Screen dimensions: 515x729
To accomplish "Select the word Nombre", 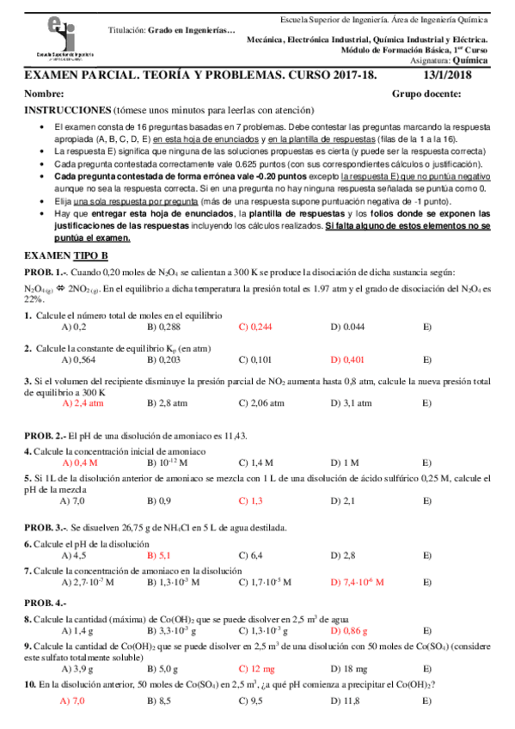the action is click(x=45, y=94).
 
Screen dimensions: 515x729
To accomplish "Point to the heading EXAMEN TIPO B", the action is click(x=66, y=255).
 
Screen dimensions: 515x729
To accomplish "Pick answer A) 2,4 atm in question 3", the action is click(x=83, y=401).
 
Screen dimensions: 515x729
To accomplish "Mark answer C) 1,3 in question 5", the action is click(x=250, y=500).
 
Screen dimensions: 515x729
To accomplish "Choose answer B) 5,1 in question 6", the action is click(x=159, y=554).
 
